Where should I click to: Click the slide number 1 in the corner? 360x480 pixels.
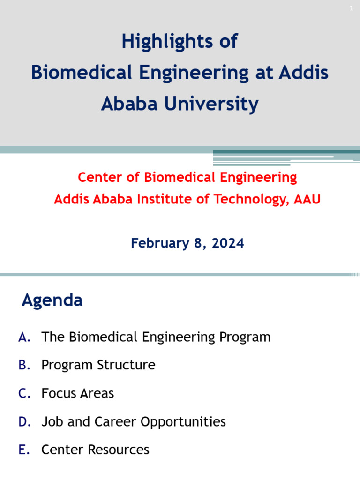pos(351,8)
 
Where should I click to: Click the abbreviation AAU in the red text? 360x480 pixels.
pos(307,199)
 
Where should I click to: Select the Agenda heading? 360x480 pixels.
pos(52,300)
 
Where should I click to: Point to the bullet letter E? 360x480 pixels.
pos(24,450)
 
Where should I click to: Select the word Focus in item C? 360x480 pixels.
pos(59,393)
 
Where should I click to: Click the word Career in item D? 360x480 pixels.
pos(116,422)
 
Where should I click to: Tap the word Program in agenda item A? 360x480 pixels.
pos(245,337)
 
